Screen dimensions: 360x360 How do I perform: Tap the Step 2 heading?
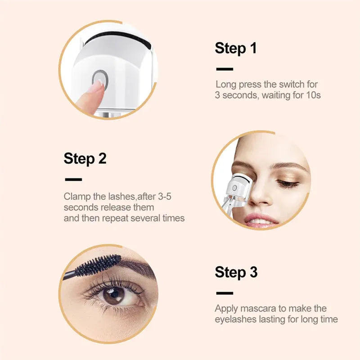click(x=85, y=158)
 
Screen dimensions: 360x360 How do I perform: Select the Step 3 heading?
click(x=236, y=272)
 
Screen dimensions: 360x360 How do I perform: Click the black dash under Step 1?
click(x=225, y=69)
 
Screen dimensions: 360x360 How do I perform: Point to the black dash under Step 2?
click(x=73, y=180)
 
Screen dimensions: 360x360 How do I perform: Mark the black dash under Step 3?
click(x=225, y=293)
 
